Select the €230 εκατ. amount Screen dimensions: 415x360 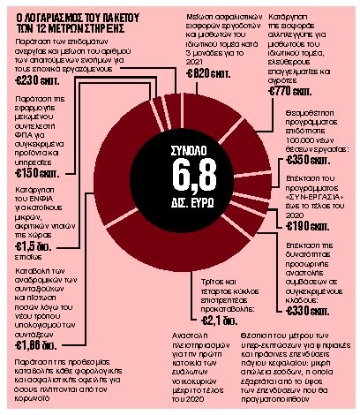tap(37, 79)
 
